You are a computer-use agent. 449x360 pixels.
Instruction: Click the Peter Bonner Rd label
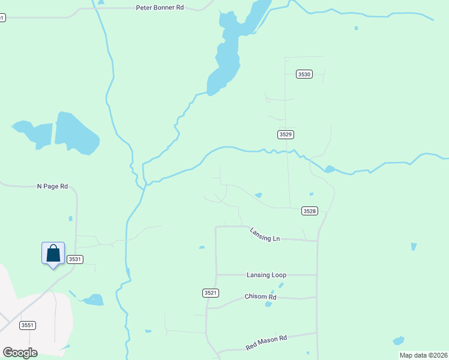[x=160, y=8]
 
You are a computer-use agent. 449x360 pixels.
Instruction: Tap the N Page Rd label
[x=52, y=187]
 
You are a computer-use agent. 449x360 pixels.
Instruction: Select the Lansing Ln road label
[x=265, y=238]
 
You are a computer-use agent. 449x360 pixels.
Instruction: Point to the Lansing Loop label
[x=266, y=275]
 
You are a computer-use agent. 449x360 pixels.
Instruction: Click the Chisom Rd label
[x=260, y=297]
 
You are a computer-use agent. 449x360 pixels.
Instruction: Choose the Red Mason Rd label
[x=266, y=343]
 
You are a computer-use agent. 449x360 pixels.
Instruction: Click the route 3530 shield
[x=304, y=74]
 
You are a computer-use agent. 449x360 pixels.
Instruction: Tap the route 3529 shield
[x=286, y=134]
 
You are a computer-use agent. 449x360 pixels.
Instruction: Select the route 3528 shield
[x=309, y=211]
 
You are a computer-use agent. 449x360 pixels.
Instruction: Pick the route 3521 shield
[x=210, y=293]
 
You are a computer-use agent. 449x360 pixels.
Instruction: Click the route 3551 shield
[x=27, y=325]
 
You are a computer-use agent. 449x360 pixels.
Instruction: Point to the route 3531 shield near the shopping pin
[x=74, y=259]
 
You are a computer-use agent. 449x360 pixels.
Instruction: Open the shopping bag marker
[x=53, y=253]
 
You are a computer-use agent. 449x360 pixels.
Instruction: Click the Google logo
[x=20, y=353]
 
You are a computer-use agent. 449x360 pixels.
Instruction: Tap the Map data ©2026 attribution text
[x=423, y=355]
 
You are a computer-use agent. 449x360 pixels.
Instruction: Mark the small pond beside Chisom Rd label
[x=269, y=304]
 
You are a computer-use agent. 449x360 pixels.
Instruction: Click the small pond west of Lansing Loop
[x=202, y=247]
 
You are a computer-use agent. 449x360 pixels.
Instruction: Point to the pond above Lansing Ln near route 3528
[x=258, y=195]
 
